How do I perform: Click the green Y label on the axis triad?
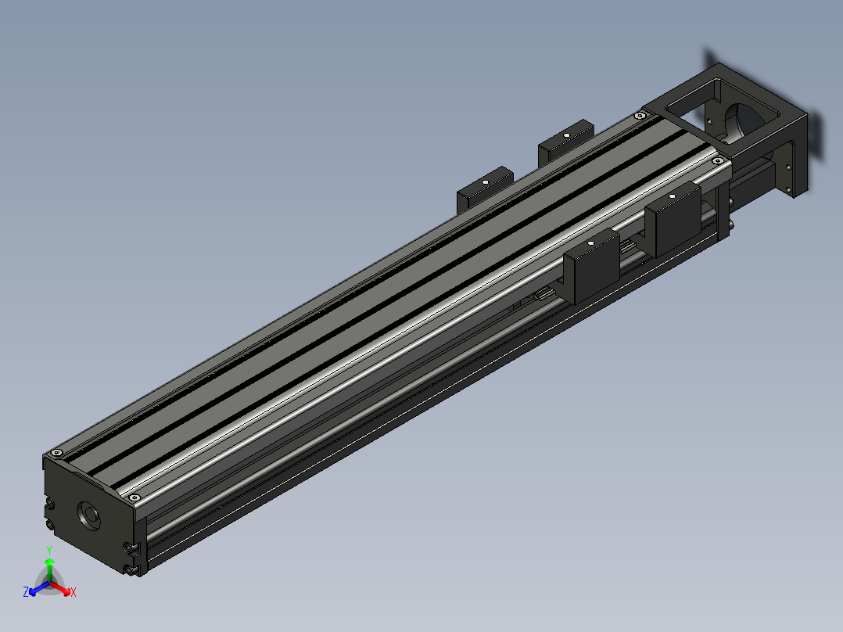(49, 550)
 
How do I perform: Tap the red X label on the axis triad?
(74, 592)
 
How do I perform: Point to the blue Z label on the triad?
(25, 592)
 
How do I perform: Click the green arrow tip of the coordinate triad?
(49, 562)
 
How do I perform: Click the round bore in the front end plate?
(89, 515)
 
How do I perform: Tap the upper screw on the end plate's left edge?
(50, 504)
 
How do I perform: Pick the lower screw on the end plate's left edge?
(50, 524)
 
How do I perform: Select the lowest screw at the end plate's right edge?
(129, 569)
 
